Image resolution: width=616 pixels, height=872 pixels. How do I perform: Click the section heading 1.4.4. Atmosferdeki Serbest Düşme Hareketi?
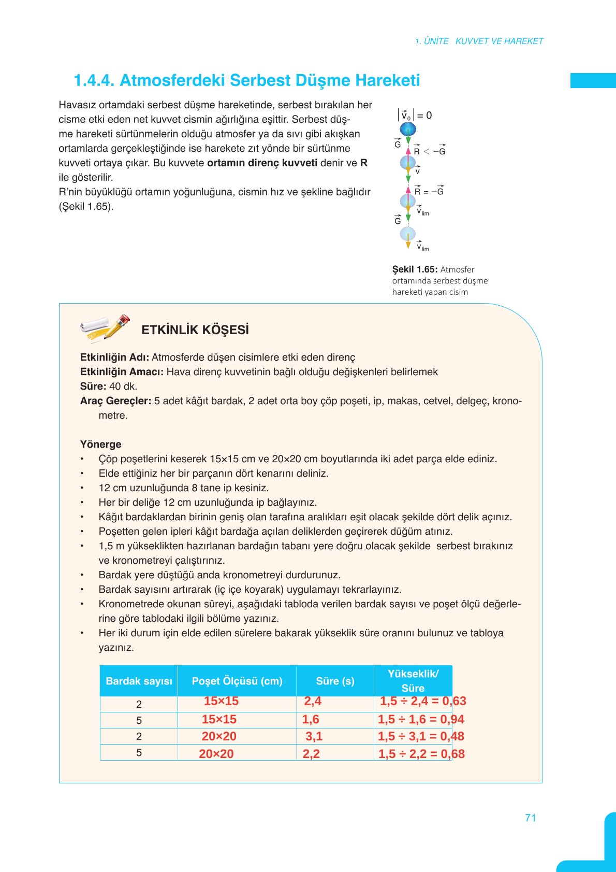[x=246, y=81]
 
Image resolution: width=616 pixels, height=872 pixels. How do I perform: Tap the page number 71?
[x=530, y=818]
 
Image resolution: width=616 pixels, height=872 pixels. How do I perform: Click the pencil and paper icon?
[x=105, y=328]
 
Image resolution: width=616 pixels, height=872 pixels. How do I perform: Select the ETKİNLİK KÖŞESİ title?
[x=195, y=330]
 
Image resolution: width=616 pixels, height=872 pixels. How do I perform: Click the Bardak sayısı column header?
[x=139, y=681]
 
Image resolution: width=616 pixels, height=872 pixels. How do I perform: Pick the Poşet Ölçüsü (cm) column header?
[x=237, y=681]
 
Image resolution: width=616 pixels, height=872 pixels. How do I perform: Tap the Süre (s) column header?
[x=335, y=681]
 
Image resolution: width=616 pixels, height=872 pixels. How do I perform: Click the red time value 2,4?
[x=313, y=702]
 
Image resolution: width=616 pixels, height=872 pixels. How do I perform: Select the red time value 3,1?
[x=314, y=736]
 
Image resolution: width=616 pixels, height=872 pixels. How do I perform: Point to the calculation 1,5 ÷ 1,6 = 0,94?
[x=421, y=719]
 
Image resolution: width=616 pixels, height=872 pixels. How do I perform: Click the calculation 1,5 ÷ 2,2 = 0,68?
[x=421, y=754]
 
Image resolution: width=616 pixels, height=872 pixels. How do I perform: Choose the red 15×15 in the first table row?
[x=221, y=702]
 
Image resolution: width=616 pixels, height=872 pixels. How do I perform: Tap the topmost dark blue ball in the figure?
[x=408, y=128]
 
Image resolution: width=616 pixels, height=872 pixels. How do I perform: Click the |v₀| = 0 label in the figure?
[x=415, y=115]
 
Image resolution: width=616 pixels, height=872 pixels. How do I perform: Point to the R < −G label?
[x=430, y=151]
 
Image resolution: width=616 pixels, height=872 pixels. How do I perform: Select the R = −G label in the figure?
[x=429, y=191]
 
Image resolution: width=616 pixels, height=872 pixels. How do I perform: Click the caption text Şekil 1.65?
[x=415, y=269]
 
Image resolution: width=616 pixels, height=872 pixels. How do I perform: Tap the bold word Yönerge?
[x=100, y=444]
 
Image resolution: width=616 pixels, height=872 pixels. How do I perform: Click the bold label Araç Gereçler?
[x=115, y=401]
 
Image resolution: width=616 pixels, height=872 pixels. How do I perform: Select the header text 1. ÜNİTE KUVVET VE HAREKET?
[x=479, y=41]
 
